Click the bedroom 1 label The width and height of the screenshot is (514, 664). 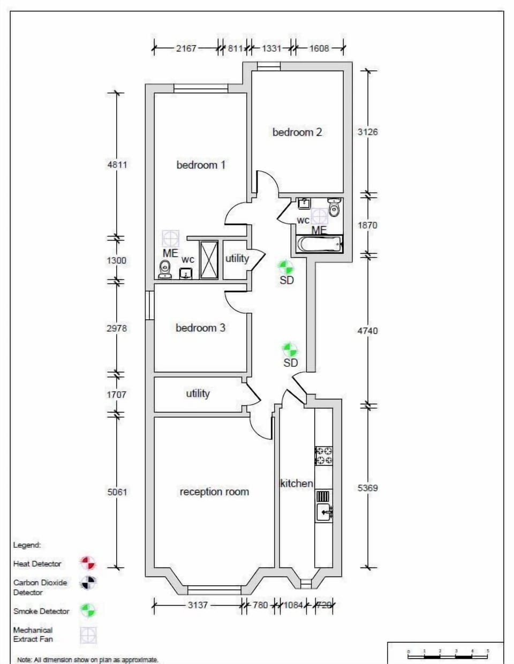click(201, 165)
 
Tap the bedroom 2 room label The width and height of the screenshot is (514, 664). click(297, 132)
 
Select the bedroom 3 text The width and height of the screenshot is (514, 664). click(200, 328)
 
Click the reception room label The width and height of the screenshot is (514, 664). click(214, 492)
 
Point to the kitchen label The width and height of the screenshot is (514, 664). click(296, 483)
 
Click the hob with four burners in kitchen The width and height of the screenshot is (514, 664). click(323, 455)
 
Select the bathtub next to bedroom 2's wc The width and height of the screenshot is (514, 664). click(319, 245)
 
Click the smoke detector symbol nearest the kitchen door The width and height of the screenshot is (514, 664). click(290, 350)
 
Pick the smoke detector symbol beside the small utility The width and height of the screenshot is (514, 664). click(285, 267)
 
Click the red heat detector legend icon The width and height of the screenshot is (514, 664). click(88, 563)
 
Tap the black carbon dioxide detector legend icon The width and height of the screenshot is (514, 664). click(88, 583)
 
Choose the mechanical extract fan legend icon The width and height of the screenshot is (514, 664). click(88, 635)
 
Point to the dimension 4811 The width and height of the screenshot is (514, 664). click(117, 164)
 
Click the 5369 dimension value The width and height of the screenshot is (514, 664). click(367, 488)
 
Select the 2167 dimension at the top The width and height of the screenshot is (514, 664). click(186, 48)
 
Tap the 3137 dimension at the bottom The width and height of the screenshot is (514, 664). click(198, 605)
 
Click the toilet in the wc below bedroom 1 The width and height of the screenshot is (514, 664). click(165, 269)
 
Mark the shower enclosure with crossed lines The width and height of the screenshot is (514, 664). click(209, 260)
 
